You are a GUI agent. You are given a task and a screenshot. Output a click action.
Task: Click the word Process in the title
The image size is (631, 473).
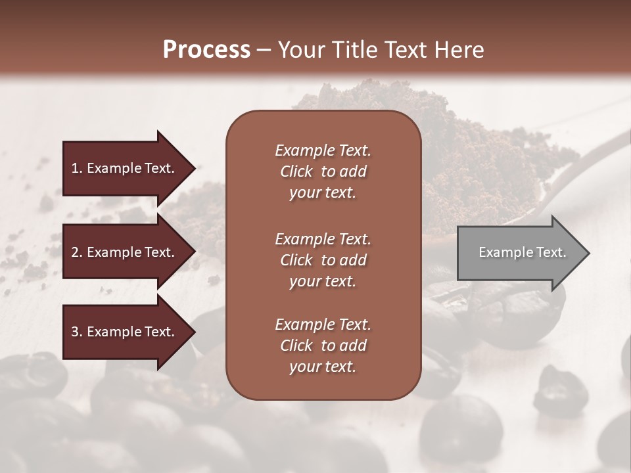(206, 50)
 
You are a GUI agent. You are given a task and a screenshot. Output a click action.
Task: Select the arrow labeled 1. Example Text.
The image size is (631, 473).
(125, 168)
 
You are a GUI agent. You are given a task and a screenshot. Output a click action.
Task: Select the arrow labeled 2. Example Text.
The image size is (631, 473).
(125, 252)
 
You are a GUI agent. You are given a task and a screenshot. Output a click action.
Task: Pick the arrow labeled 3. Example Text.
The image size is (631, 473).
(125, 332)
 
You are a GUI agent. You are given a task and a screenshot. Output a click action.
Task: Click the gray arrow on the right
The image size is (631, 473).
(519, 252)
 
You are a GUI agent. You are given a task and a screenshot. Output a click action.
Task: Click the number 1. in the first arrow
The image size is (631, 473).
(76, 168)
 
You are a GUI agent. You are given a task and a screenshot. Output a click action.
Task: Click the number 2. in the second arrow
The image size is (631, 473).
(76, 252)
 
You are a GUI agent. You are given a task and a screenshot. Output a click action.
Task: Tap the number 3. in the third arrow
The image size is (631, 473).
(76, 332)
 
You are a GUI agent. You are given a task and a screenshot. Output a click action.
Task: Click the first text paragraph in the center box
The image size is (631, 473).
(323, 171)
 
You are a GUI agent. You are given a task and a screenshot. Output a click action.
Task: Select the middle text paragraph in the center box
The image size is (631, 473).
(323, 260)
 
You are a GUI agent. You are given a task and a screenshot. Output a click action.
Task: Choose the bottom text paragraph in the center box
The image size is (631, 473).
(323, 346)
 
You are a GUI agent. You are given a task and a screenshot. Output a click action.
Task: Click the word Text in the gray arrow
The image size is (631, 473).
(551, 252)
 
